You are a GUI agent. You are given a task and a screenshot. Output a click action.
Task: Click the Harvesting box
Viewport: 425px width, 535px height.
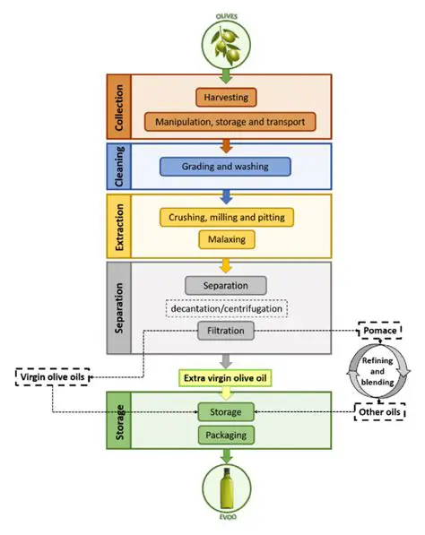tap(226, 96)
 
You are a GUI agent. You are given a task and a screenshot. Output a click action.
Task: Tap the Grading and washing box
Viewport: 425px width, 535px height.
tap(226, 166)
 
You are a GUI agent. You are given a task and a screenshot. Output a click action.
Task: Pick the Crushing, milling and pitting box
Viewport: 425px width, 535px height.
tap(226, 218)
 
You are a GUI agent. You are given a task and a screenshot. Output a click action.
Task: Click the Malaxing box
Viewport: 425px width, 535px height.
tap(226, 240)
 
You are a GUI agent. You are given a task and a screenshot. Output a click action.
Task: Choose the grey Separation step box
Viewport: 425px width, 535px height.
tap(226, 285)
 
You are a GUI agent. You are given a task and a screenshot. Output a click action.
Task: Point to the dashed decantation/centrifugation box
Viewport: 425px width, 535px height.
tap(226, 309)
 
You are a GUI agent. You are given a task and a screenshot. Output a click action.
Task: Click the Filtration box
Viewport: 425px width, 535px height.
tap(226, 331)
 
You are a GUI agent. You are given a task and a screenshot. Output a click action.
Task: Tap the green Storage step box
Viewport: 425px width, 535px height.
tap(226, 413)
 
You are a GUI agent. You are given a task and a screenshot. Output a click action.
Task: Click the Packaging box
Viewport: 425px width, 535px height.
tap(226, 436)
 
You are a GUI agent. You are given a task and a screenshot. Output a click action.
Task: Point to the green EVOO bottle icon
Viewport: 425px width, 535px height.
tap(226, 489)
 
